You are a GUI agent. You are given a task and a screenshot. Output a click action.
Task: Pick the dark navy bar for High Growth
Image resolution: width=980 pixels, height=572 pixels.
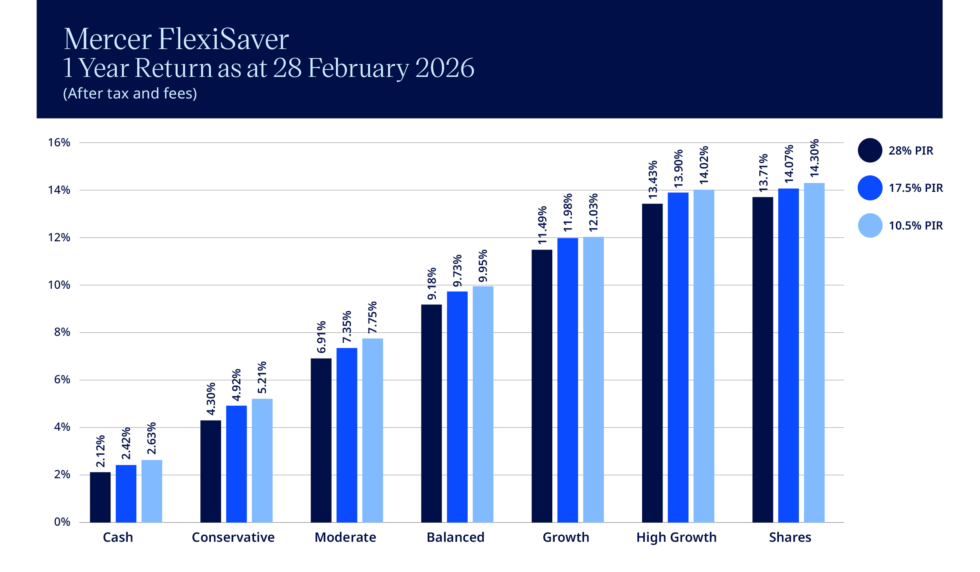pyautogui.click(x=652, y=363)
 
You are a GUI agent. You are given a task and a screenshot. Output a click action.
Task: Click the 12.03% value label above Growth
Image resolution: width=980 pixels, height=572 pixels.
pyautogui.click(x=593, y=212)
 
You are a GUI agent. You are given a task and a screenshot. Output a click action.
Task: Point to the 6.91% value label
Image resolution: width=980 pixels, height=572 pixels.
pyautogui.click(x=321, y=337)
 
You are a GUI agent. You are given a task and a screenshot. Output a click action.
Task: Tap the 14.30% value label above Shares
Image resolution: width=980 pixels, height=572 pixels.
pyautogui.click(x=814, y=158)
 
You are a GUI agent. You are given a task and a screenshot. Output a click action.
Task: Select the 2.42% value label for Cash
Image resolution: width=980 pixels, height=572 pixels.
pyautogui.click(x=126, y=443)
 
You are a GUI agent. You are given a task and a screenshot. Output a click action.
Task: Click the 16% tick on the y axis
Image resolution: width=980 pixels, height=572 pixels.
pyautogui.click(x=59, y=142)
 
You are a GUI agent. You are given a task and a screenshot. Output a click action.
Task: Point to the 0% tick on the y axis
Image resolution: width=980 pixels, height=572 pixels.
pyautogui.click(x=62, y=522)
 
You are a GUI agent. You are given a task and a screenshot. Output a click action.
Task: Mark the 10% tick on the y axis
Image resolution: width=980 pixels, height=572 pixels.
pyautogui.click(x=59, y=285)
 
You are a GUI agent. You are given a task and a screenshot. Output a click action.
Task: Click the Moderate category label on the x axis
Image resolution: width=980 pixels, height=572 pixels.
pyautogui.click(x=345, y=537)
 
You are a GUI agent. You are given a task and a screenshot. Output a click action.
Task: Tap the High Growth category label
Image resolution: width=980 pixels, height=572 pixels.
pyautogui.click(x=676, y=537)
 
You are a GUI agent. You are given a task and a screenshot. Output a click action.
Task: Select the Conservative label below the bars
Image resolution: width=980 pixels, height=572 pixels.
pyautogui.click(x=233, y=537)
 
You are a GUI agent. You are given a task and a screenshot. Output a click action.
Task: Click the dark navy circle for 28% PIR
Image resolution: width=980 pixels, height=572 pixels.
pyautogui.click(x=870, y=150)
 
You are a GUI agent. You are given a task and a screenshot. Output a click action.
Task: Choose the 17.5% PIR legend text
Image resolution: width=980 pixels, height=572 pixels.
pyautogui.click(x=915, y=188)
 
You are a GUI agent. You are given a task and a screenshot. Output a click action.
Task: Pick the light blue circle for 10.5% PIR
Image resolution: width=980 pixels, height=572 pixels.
pyautogui.click(x=870, y=226)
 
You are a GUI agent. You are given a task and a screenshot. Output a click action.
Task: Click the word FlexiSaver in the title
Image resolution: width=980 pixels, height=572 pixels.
pyautogui.click(x=223, y=39)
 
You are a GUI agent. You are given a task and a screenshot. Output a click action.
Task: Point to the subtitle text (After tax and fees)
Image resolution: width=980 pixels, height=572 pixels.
pyautogui.click(x=130, y=93)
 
